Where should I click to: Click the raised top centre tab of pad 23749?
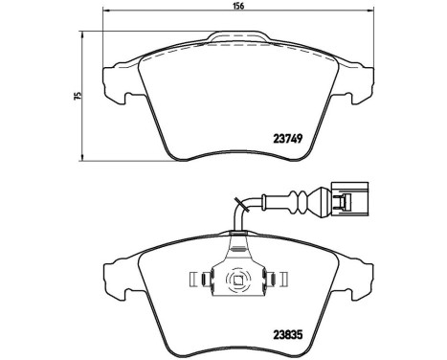[239, 39]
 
